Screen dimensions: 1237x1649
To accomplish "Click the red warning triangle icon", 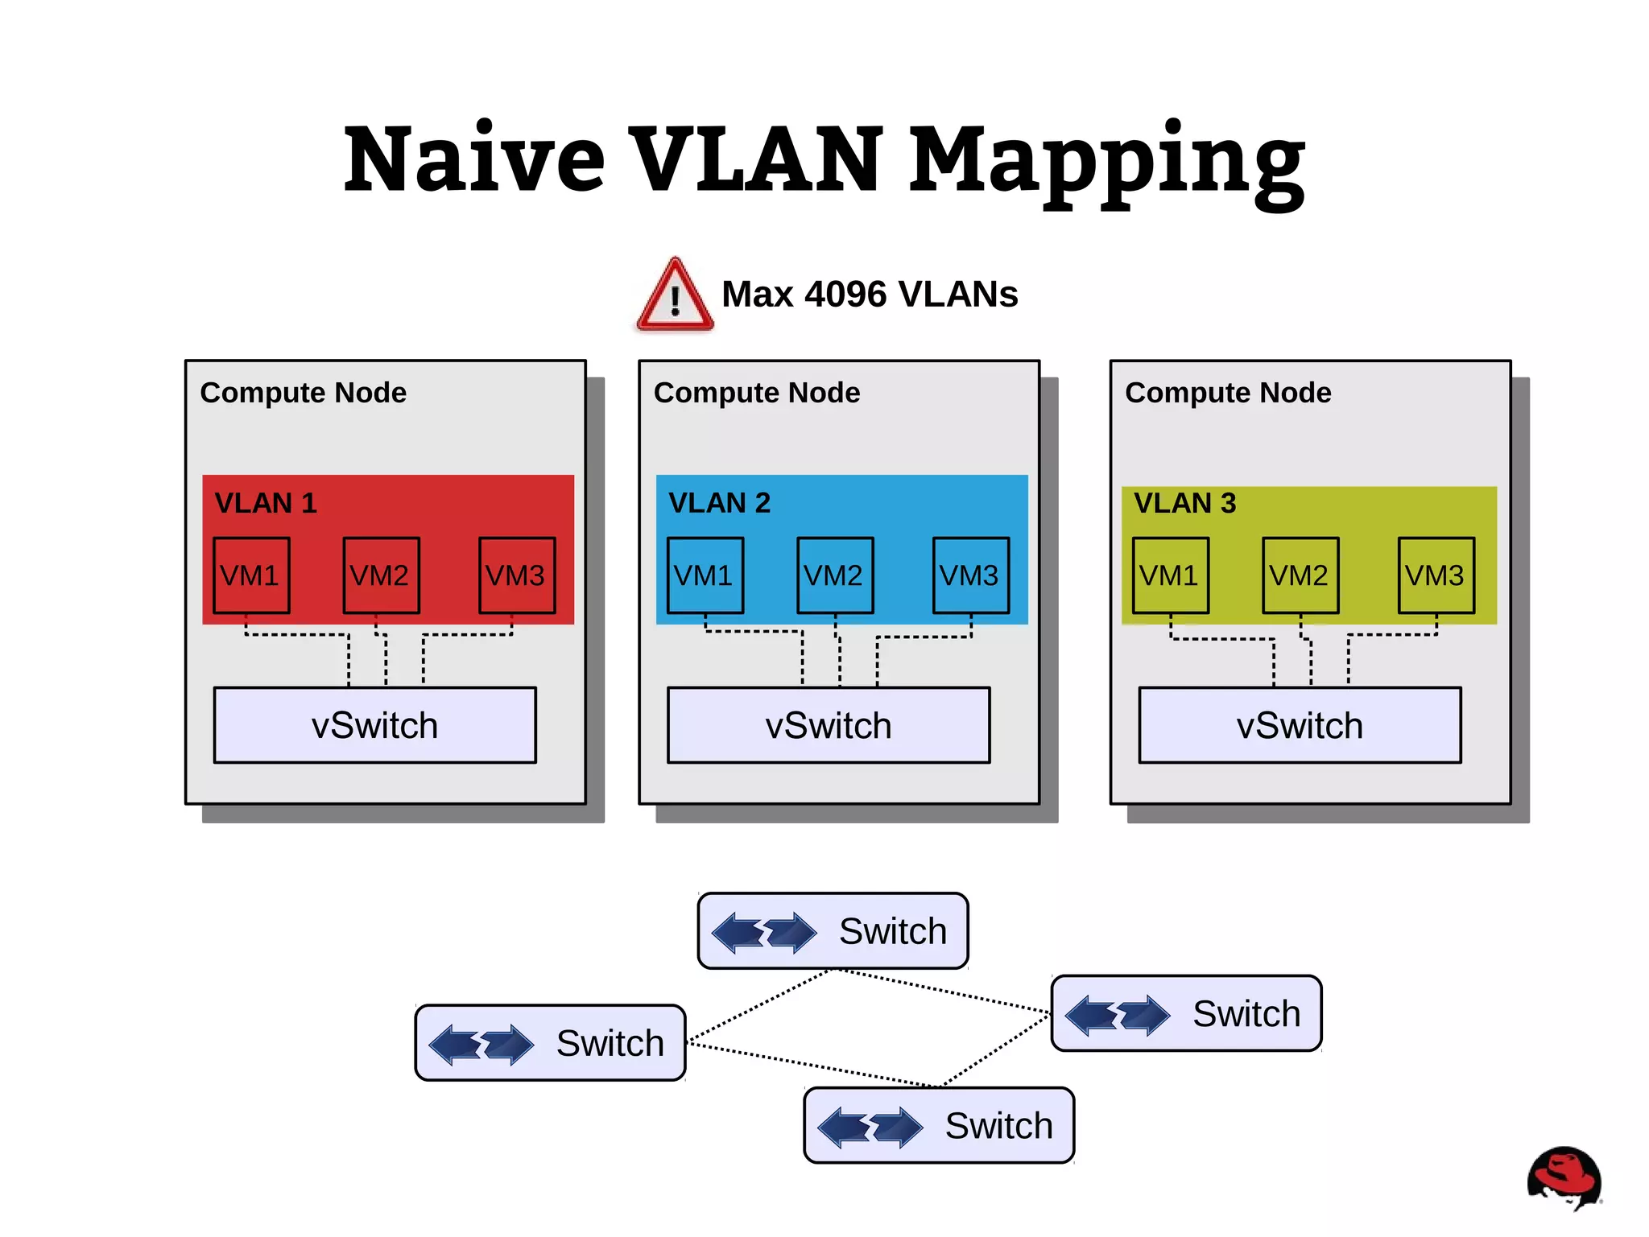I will point(675,296).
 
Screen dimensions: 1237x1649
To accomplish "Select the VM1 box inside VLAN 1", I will point(251,575).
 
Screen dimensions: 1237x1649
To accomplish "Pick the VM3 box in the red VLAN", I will point(517,575).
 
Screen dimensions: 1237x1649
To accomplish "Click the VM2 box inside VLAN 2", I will point(835,575).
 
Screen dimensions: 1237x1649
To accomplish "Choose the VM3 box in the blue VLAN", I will point(970,575).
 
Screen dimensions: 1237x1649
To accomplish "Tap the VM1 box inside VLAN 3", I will point(1170,575).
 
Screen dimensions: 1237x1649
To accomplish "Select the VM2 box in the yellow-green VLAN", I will point(1300,575).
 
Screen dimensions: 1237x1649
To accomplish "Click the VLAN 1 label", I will point(266,503).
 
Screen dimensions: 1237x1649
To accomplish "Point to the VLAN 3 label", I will point(1184,503).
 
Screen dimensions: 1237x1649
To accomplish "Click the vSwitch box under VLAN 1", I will point(374,725).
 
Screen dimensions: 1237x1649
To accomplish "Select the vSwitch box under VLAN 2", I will point(829,725).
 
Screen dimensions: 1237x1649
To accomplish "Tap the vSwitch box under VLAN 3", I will point(1300,725).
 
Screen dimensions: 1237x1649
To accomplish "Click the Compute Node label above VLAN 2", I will point(757,393).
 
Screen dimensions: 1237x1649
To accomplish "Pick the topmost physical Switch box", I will point(833,931).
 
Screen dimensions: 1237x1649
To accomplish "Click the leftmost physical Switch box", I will point(550,1043).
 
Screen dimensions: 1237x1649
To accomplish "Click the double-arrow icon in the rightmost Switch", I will point(1118,1014).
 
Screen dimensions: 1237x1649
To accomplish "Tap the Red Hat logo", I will point(1564,1177).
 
